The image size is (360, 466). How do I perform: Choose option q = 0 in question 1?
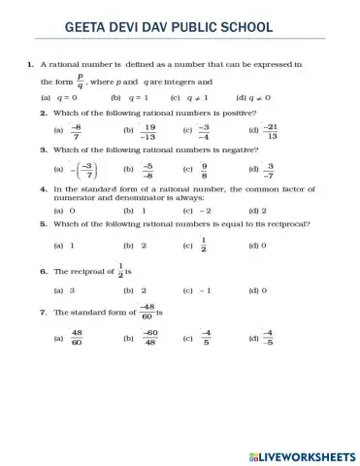tap(69, 98)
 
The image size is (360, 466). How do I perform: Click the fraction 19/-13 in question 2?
tap(148, 130)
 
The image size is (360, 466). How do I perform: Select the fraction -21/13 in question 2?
tap(271, 130)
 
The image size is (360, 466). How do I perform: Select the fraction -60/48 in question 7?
tap(150, 338)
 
